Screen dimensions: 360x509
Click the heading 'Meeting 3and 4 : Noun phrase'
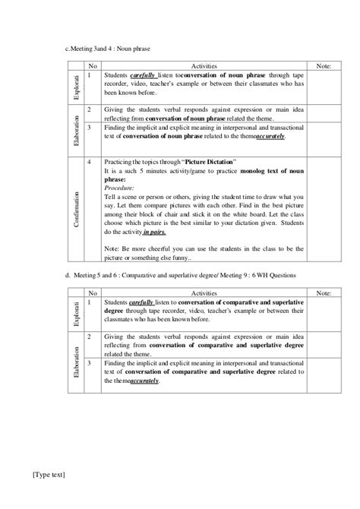tap(109, 49)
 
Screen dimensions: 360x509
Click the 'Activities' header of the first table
tap(204, 67)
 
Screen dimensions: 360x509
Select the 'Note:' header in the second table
tap(323, 292)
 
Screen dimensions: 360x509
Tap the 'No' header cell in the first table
tap(93, 67)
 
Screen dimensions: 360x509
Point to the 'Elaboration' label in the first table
tap(76, 128)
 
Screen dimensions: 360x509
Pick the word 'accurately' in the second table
tap(144, 381)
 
